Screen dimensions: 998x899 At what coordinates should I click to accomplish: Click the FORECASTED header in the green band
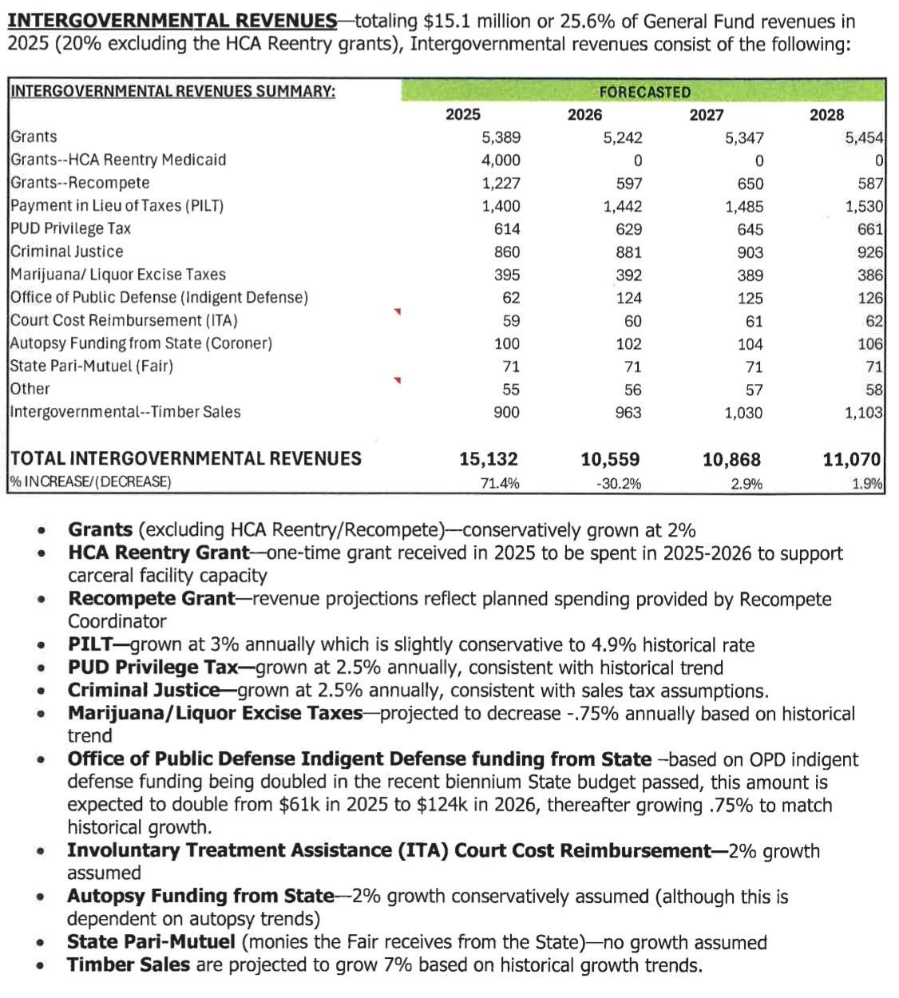point(644,92)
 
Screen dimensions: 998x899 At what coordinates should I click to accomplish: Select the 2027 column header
point(706,115)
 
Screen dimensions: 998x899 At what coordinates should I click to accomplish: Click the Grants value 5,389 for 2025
point(501,137)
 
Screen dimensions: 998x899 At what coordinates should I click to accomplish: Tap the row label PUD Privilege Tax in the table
point(70,228)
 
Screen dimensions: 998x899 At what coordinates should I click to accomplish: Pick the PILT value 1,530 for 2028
point(864,207)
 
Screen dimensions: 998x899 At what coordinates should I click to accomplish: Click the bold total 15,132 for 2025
point(488,459)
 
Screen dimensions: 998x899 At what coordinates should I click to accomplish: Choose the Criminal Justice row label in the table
point(67,251)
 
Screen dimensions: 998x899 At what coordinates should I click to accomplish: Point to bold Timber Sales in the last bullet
point(129,964)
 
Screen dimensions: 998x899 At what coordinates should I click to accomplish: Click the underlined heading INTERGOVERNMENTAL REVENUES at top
point(172,21)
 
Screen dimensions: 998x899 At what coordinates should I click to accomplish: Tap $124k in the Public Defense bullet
point(438,805)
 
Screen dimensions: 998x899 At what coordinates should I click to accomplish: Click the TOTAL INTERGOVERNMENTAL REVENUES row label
point(185,459)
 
